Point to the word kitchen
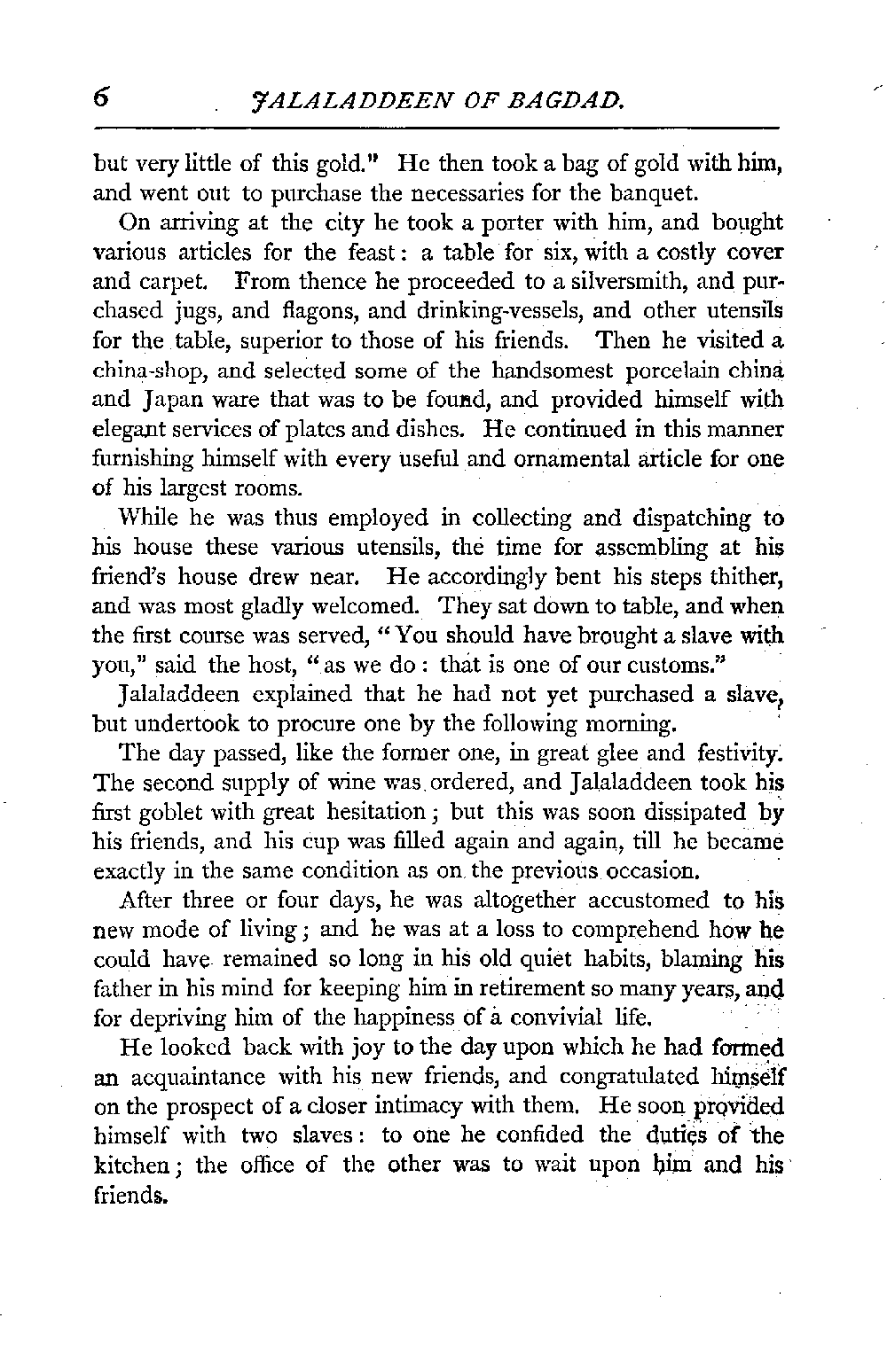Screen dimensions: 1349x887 click(130, 1165)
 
